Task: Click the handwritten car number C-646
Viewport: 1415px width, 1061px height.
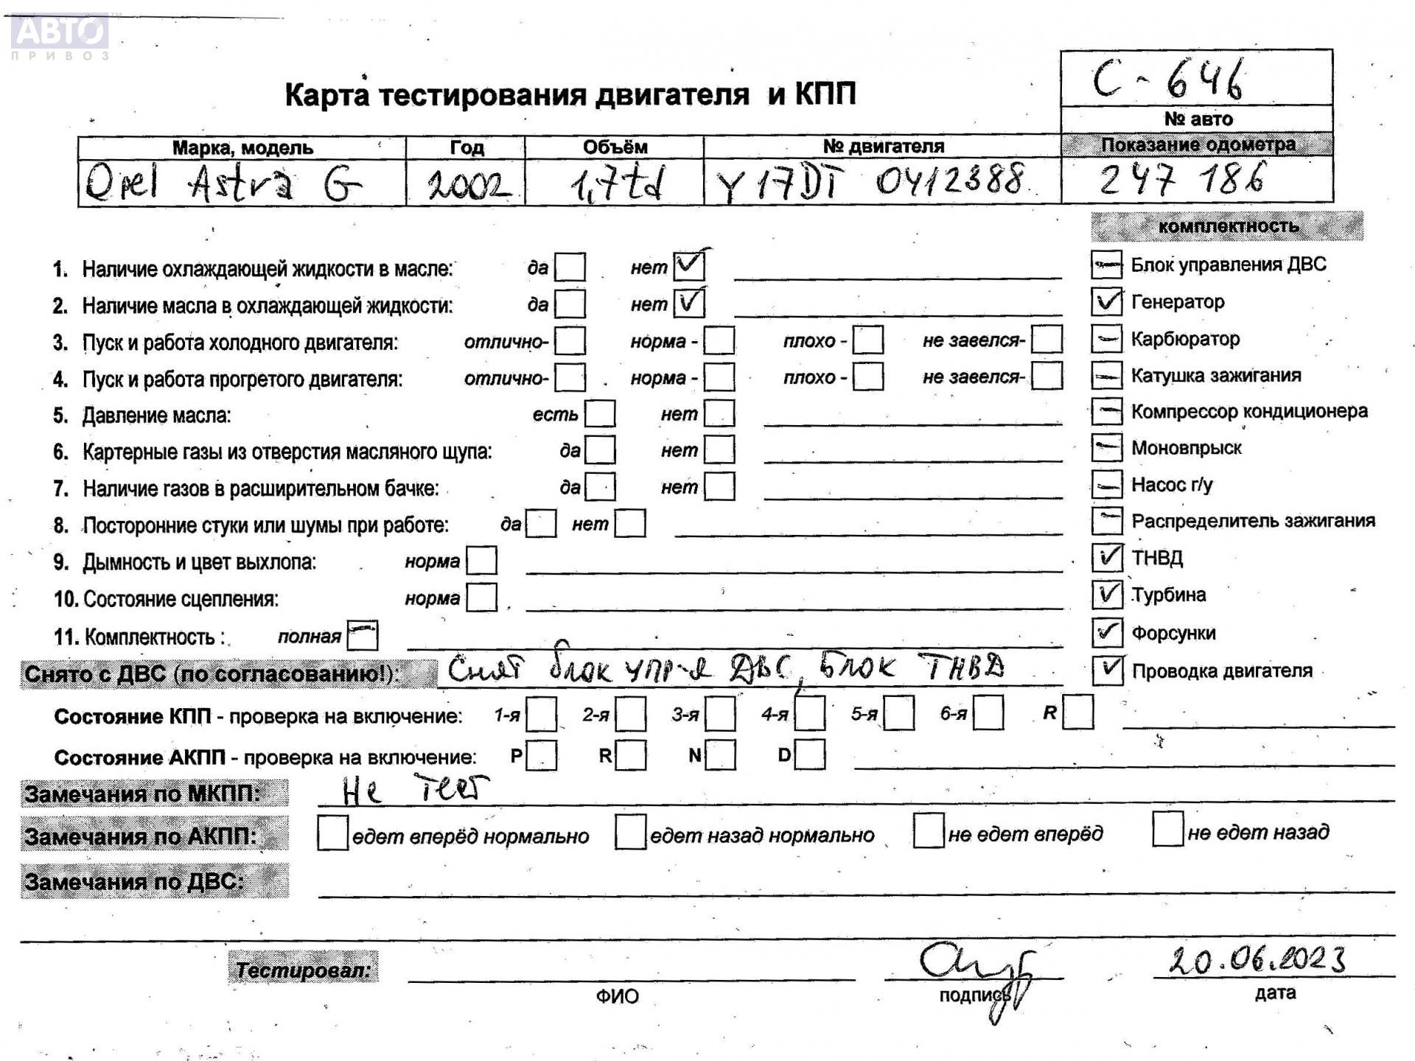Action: tap(1169, 80)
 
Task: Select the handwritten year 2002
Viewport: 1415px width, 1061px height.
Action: tap(468, 185)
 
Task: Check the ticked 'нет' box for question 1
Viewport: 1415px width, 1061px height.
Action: tap(689, 266)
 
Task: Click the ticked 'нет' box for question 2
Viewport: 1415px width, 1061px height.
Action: tap(689, 303)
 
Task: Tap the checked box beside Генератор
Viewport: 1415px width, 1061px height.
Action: tap(1106, 301)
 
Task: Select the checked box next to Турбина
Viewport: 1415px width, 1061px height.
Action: tap(1106, 594)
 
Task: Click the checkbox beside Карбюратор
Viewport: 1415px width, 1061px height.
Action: tap(1106, 338)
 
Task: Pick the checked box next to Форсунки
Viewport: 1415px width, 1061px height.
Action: tap(1106, 631)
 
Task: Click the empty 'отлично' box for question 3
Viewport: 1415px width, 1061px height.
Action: tap(570, 340)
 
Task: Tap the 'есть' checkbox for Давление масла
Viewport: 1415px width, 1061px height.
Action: tap(600, 413)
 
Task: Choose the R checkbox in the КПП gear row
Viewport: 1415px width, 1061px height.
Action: tap(1077, 712)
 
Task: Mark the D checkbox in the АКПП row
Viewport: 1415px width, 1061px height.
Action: tap(810, 754)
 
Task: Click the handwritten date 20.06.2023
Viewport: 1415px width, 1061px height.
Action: tap(1257, 959)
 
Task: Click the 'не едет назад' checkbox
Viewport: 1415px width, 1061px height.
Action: tap(1167, 830)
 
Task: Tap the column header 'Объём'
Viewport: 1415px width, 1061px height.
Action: tap(615, 147)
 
